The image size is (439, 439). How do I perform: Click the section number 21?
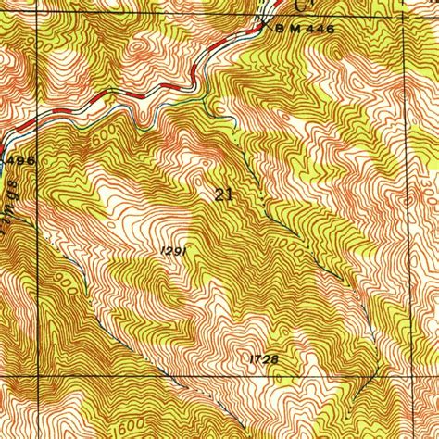coord(222,194)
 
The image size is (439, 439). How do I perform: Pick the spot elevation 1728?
coord(264,358)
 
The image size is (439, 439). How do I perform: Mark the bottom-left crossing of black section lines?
coord(38,377)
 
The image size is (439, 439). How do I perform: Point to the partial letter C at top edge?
coord(298,5)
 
